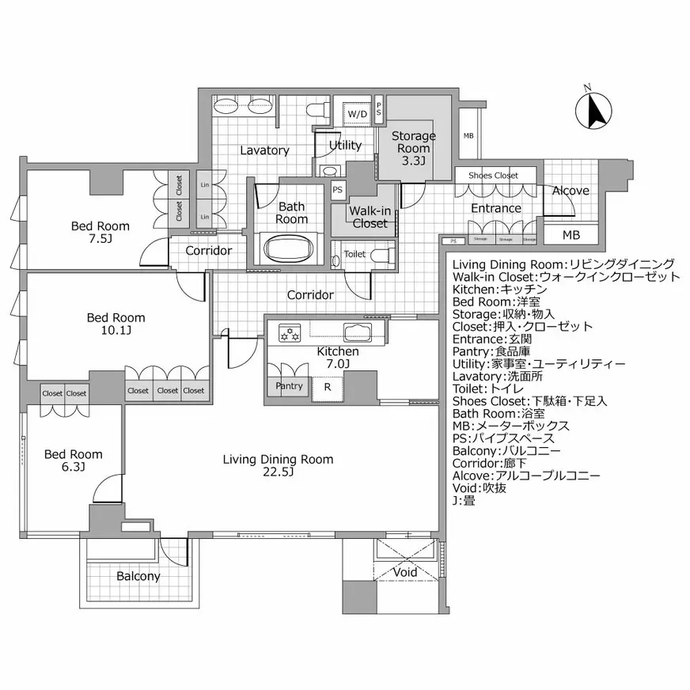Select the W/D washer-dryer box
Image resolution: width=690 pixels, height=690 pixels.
coord(357,114)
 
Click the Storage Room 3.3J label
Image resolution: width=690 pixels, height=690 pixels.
coord(413,148)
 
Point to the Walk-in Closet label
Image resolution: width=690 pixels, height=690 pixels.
coord(370,217)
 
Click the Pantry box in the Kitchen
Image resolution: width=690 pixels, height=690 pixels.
coord(289,386)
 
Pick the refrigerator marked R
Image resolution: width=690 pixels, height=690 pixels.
coord(327,387)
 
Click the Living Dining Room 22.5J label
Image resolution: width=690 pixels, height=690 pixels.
coord(278,465)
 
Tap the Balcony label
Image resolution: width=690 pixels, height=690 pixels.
coord(138,576)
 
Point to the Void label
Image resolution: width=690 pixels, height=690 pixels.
coord(405,572)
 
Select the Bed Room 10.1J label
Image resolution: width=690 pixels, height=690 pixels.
coord(116,324)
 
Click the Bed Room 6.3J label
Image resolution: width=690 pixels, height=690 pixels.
coord(73,460)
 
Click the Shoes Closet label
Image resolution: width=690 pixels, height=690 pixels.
coord(493,175)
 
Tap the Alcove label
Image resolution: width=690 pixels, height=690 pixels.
coord(570,191)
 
